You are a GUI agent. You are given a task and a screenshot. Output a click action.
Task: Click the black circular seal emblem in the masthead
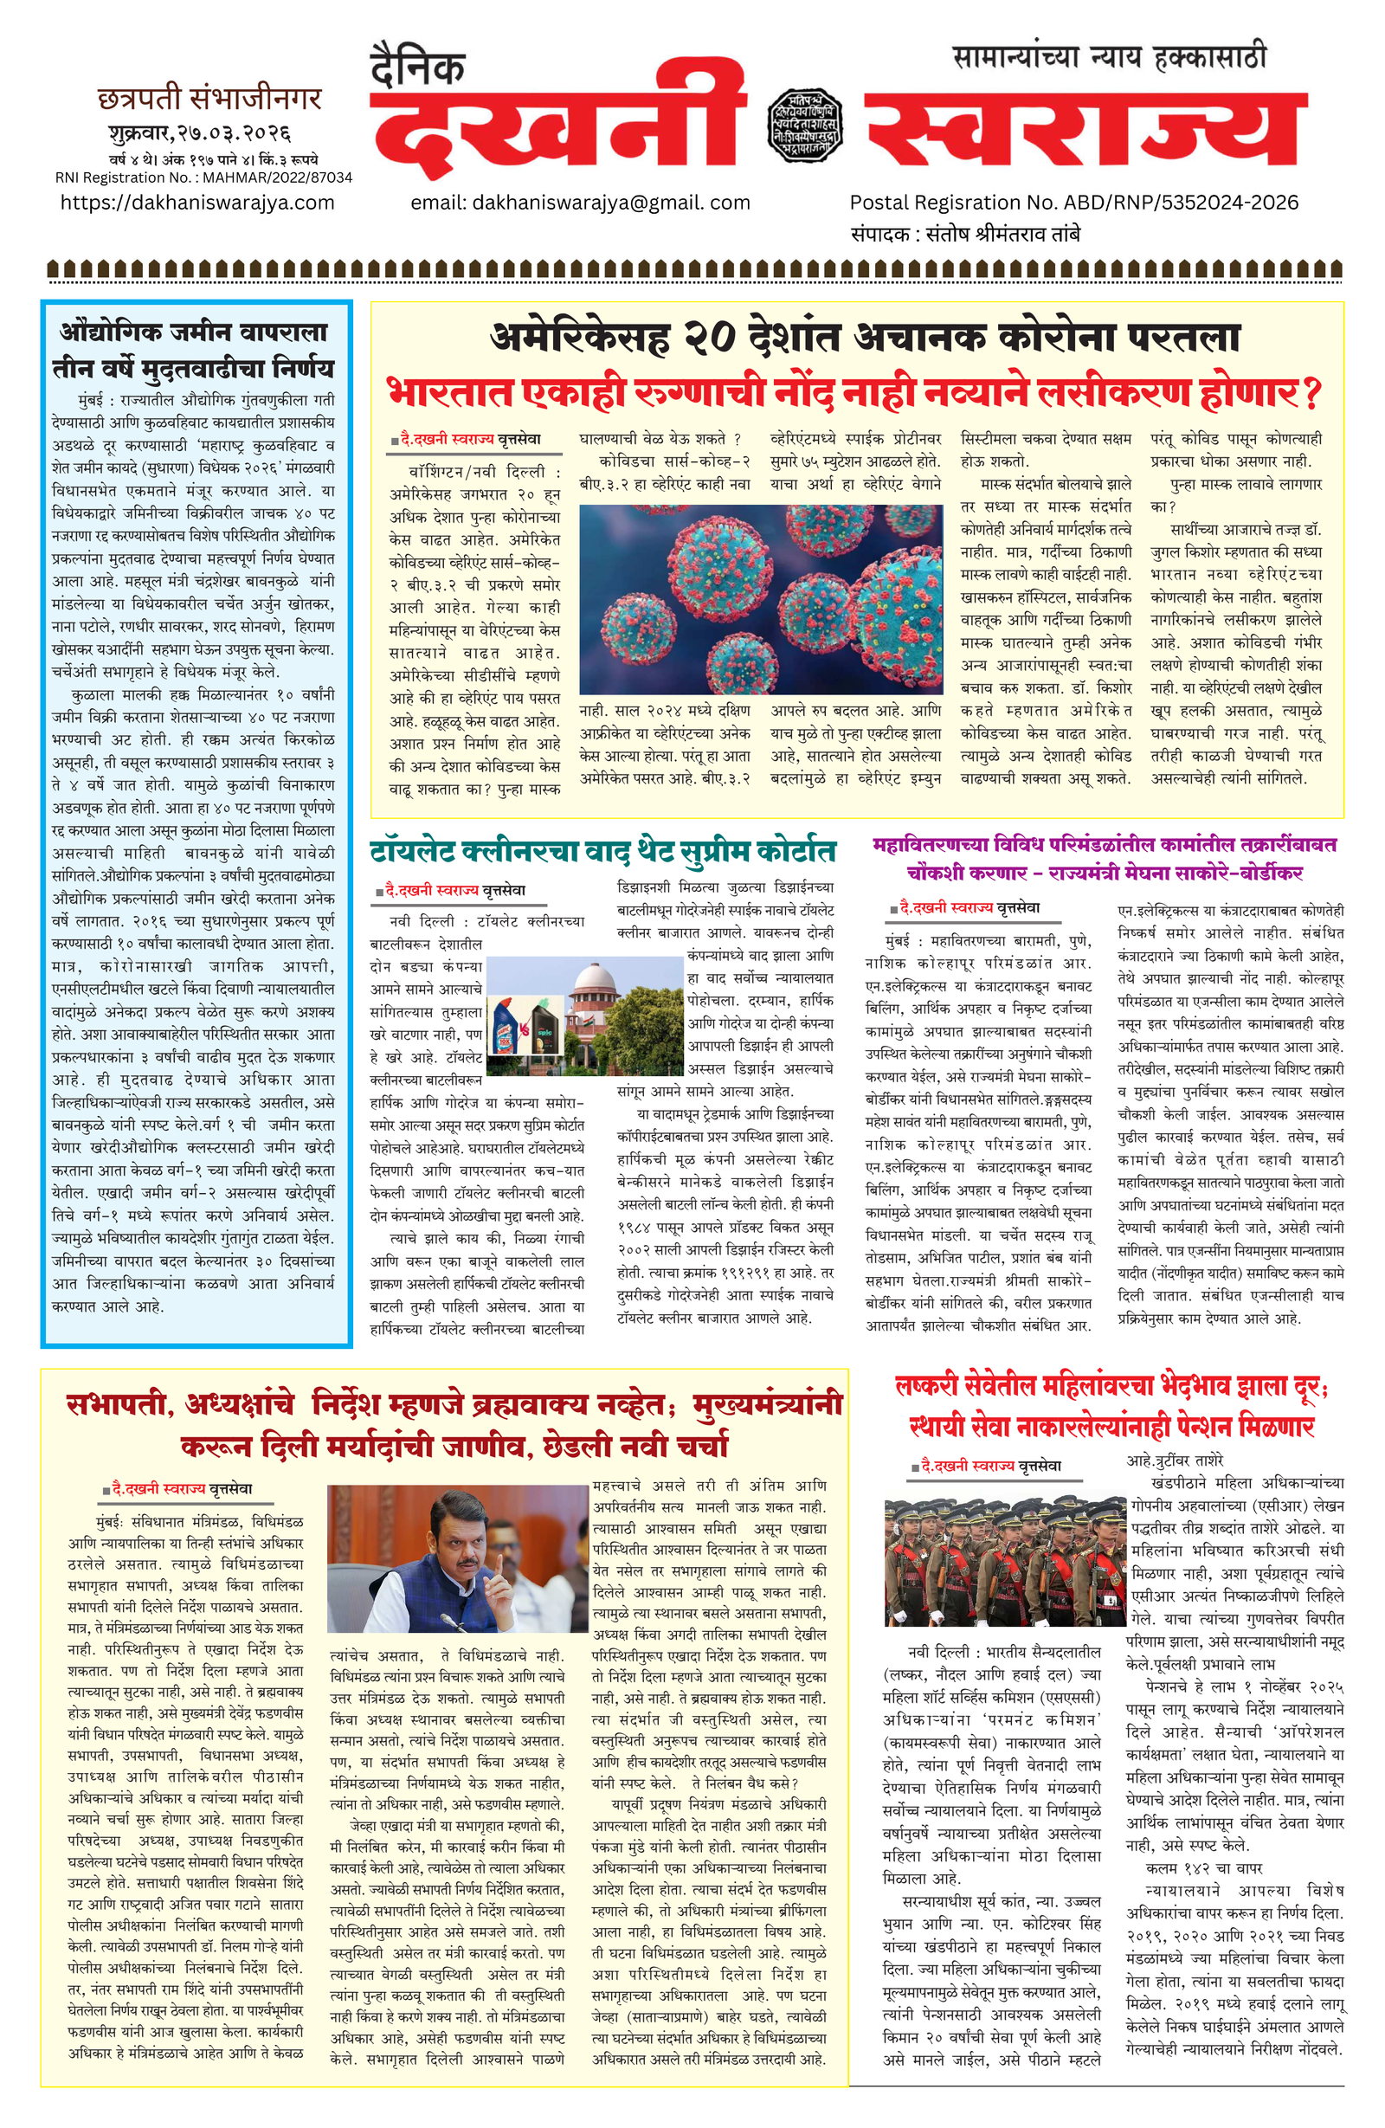click(x=804, y=126)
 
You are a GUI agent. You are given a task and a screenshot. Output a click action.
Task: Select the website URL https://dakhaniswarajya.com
click(x=196, y=203)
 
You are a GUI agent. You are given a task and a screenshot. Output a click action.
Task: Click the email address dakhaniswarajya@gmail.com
click(x=579, y=203)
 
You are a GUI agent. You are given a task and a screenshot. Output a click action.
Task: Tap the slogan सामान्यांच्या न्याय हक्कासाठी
click(x=1110, y=59)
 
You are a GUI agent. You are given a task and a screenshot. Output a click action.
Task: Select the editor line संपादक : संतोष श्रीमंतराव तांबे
click(x=965, y=235)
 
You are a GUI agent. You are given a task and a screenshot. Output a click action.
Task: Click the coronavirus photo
click(x=760, y=598)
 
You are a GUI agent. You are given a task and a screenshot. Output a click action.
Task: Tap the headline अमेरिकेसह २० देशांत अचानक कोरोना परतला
click(x=865, y=338)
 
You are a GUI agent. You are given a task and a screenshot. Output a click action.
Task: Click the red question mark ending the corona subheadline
click(x=1311, y=393)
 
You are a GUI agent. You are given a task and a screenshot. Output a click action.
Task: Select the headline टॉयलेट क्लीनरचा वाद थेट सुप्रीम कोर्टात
click(x=602, y=850)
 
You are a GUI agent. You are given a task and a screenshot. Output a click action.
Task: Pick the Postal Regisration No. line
click(x=1073, y=203)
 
